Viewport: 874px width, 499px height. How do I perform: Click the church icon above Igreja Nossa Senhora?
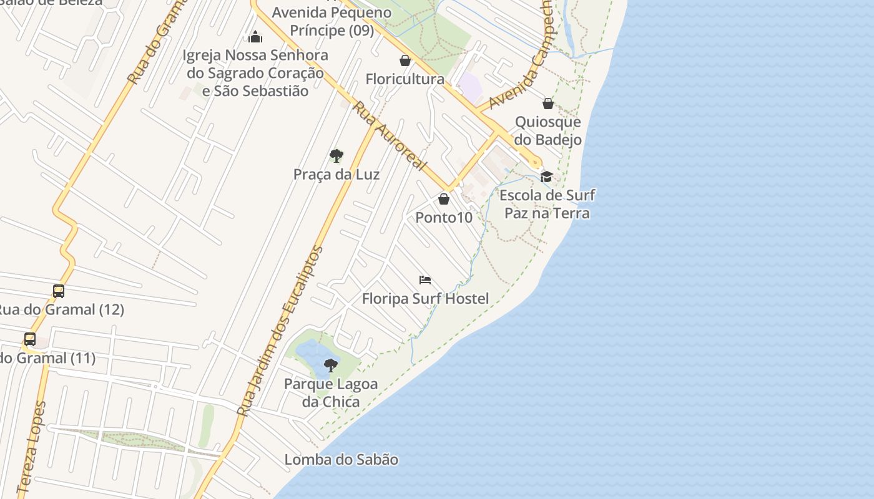[255, 37]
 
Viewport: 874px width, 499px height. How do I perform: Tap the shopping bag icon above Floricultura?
[405, 61]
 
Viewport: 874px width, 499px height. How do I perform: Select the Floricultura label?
[405, 79]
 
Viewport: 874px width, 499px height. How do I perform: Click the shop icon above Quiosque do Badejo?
[548, 103]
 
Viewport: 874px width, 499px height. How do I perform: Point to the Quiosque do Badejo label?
[548, 130]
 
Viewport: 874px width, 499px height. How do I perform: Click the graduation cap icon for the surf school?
[547, 177]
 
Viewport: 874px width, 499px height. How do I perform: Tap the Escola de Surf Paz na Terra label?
[547, 204]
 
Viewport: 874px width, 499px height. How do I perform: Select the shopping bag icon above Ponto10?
[444, 199]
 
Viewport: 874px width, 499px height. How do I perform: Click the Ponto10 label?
[444, 218]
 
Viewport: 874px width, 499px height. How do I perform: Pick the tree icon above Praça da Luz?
[336, 155]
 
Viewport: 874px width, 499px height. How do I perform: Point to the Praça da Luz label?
[336, 174]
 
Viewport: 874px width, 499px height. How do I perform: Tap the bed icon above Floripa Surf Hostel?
[425, 279]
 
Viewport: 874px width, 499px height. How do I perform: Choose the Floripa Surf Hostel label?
[425, 299]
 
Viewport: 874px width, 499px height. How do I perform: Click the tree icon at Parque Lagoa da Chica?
[331, 365]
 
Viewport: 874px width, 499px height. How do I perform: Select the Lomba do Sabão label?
[341, 460]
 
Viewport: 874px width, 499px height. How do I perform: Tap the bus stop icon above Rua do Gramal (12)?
[59, 291]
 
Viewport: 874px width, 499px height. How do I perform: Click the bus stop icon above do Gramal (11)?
[30, 339]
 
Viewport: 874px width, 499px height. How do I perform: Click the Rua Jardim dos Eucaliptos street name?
[282, 331]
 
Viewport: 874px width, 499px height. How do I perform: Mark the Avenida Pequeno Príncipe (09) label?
[331, 21]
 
